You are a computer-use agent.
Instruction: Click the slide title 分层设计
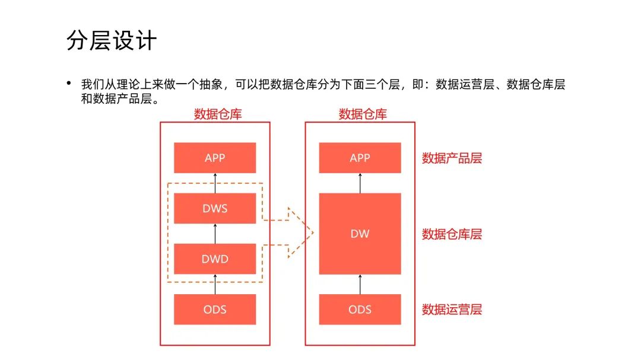tap(112, 41)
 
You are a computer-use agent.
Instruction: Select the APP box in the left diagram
tap(215, 158)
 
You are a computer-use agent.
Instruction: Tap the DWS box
tap(215, 208)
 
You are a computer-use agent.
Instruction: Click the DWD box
tap(215, 259)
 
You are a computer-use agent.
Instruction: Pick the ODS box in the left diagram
tap(215, 309)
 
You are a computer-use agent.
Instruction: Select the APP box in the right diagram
tap(360, 158)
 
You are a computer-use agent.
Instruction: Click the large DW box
tap(360, 234)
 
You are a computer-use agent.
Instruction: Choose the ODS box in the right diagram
tap(360, 309)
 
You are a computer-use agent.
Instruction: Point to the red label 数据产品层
tap(452, 158)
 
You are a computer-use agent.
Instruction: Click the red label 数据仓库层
tap(452, 234)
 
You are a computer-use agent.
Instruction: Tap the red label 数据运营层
tap(452, 310)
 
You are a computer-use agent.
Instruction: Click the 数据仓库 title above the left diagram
tap(218, 114)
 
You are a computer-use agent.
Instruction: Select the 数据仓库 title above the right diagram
tap(363, 114)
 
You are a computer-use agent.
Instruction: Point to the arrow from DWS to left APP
tap(215, 183)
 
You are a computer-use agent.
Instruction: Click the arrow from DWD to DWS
tap(215, 233)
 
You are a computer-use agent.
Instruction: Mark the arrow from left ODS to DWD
tap(215, 283)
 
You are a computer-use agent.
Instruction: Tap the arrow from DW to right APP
tap(360, 183)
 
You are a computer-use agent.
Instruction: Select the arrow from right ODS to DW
tap(360, 283)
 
